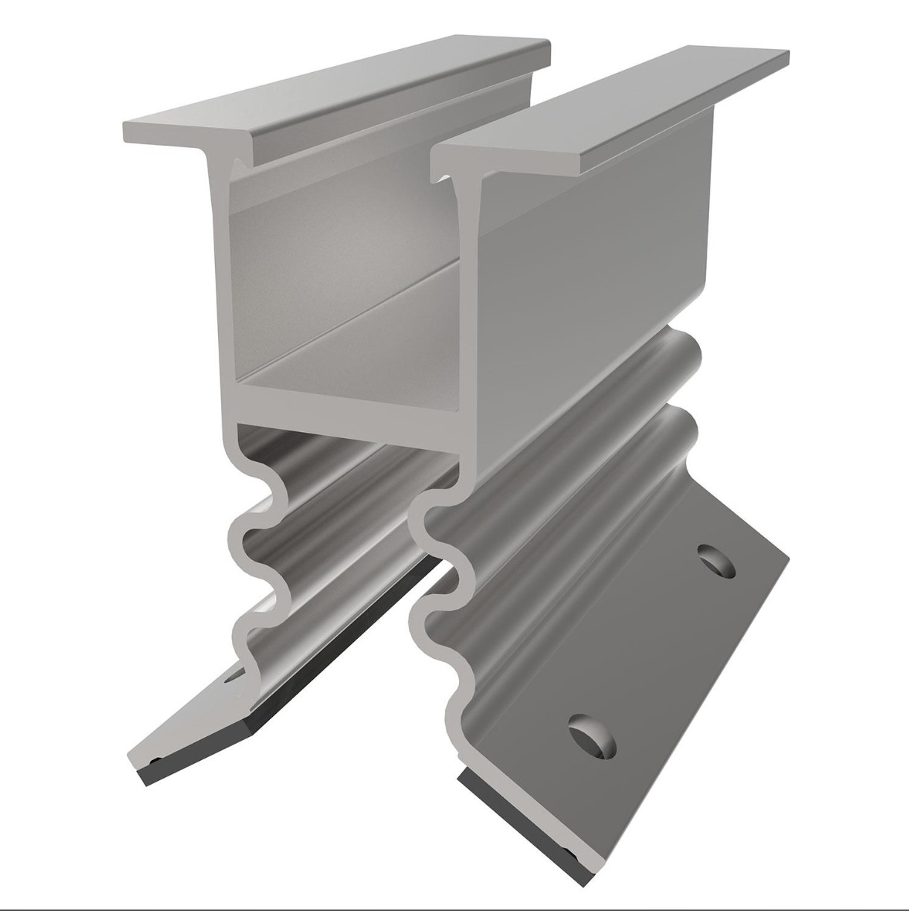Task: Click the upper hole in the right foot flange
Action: [x=716, y=561]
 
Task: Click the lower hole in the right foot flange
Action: [x=593, y=735]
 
